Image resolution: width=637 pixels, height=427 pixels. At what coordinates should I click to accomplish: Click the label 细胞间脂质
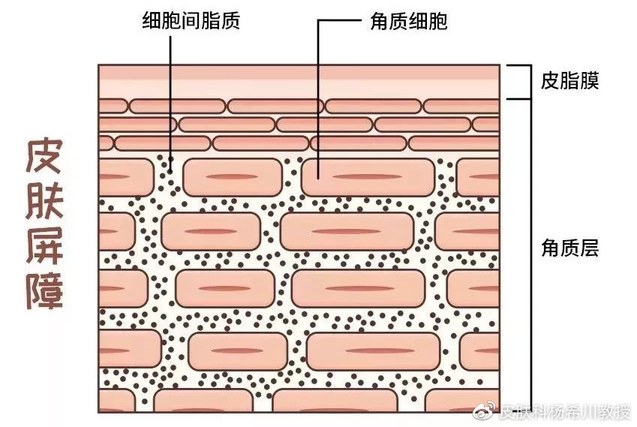click(x=191, y=20)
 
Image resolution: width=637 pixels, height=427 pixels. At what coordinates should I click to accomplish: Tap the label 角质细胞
click(x=409, y=21)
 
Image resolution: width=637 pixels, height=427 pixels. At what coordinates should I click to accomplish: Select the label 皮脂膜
click(x=569, y=80)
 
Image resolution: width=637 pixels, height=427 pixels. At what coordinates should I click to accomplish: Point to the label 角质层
click(x=569, y=248)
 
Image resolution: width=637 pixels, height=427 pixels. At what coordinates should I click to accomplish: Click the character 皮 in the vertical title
click(x=45, y=156)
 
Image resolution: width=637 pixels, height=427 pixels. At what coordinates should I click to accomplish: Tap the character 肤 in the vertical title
click(x=45, y=200)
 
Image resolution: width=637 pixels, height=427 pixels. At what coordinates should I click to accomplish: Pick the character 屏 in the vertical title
click(x=45, y=245)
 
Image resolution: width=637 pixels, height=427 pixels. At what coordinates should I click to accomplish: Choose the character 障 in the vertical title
click(x=45, y=289)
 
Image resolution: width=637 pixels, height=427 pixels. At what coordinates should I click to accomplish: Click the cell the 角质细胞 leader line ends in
click(x=368, y=177)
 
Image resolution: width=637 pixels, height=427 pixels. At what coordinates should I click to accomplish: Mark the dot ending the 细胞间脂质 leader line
click(x=170, y=159)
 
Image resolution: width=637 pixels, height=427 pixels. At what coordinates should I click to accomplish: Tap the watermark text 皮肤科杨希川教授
click(x=565, y=411)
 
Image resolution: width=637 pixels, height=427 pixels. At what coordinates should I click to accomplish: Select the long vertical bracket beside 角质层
click(x=530, y=255)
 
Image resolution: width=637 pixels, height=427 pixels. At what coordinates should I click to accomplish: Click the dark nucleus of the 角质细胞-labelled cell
click(x=368, y=177)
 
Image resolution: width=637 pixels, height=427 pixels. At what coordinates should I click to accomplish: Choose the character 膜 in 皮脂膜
click(x=589, y=80)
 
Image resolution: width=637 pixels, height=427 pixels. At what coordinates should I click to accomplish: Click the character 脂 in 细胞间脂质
click(x=210, y=20)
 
